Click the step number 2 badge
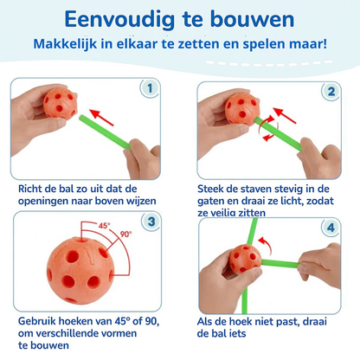330,89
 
